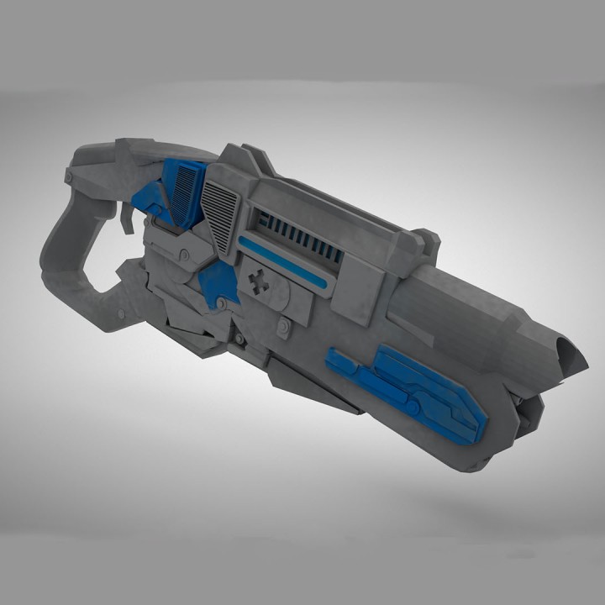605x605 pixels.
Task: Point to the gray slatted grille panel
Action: tap(222, 215)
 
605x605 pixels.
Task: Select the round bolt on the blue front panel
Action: tap(413, 408)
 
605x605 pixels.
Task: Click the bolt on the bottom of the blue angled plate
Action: tap(220, 302)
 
